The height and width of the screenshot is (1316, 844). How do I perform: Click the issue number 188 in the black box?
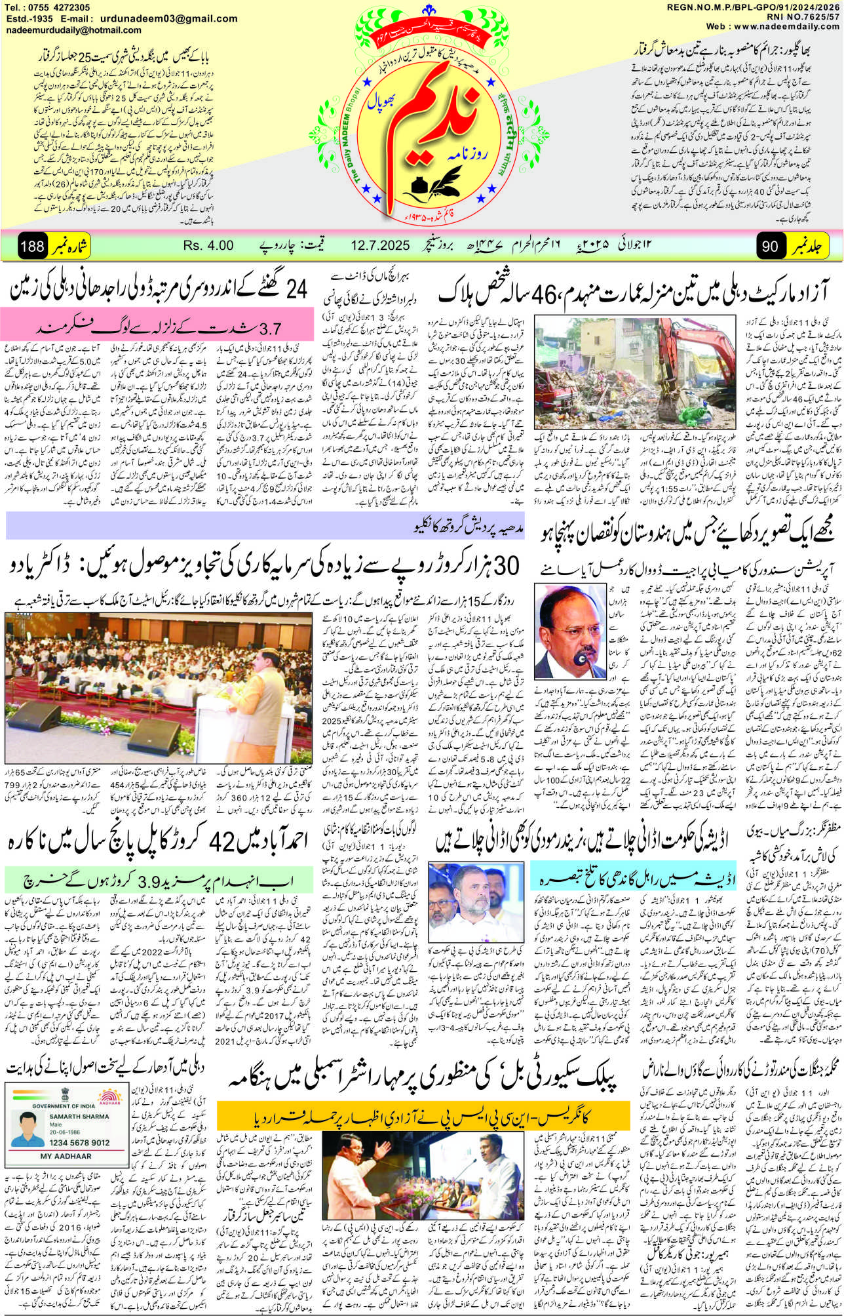[x=32, y=247]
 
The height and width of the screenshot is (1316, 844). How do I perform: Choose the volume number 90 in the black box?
[x=771, y=247]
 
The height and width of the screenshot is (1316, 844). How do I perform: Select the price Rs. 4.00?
[x=208, y=246]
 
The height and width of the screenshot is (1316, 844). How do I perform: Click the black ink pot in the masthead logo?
[x=415, y=188]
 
